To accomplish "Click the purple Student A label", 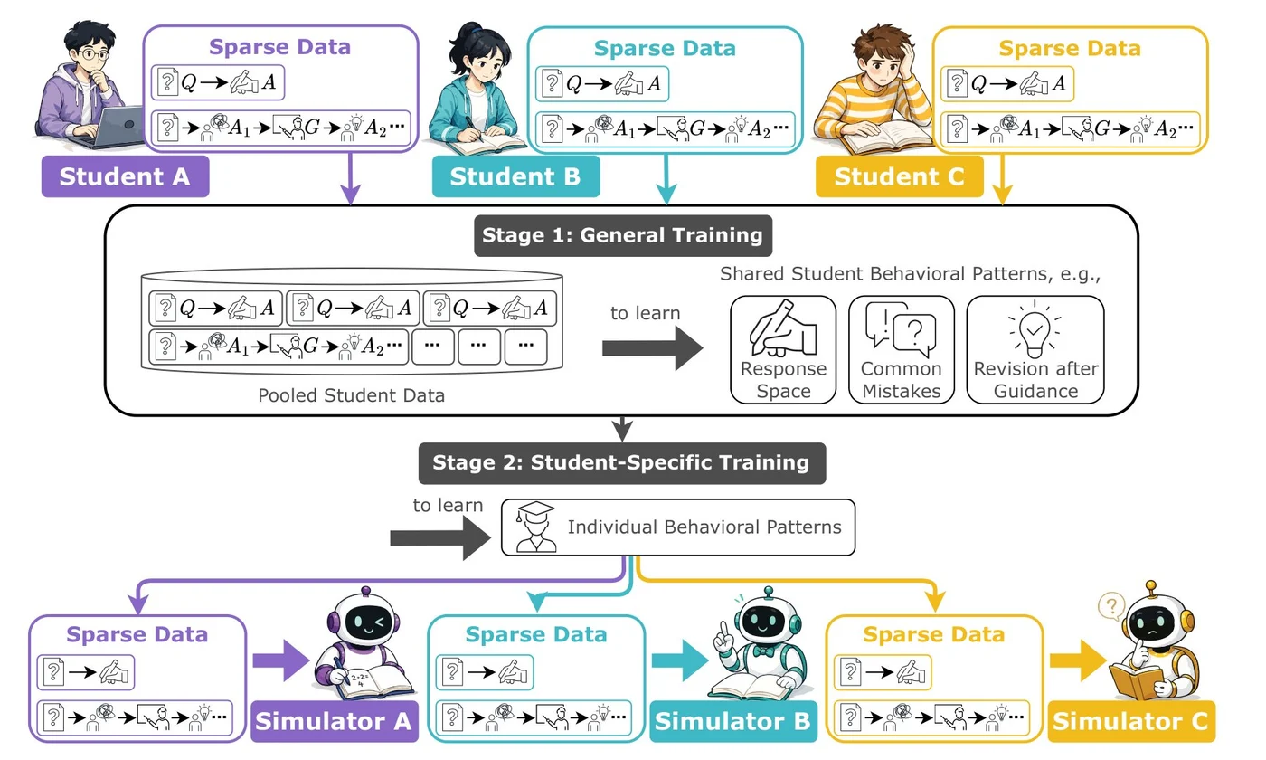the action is (x=125, y=176).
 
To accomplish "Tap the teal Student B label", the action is (x=515, y=176).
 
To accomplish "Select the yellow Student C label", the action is (x=899, y=176).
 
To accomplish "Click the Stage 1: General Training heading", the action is (x=623, y=235).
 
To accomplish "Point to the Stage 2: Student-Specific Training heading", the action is (x=622, y=463).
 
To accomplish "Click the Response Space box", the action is (x=783, y=349).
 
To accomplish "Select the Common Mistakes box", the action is (x=902, y=349).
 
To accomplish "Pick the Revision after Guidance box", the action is (x=1035, y=349).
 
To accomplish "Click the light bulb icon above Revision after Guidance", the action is (x=1035, y=330).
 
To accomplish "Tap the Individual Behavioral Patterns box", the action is (x=678, y=527).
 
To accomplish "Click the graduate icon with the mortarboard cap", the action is (x=534, y=527).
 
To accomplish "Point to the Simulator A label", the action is (x=335, y=721).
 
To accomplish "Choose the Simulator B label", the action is (x=733, y=721).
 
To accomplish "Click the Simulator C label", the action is (x=1131, y=721).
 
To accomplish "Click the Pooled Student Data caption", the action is (x=351, y=395).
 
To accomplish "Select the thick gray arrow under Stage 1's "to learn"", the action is (x=652, y=348).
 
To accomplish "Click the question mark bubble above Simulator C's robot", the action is (x=1110, y=606).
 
